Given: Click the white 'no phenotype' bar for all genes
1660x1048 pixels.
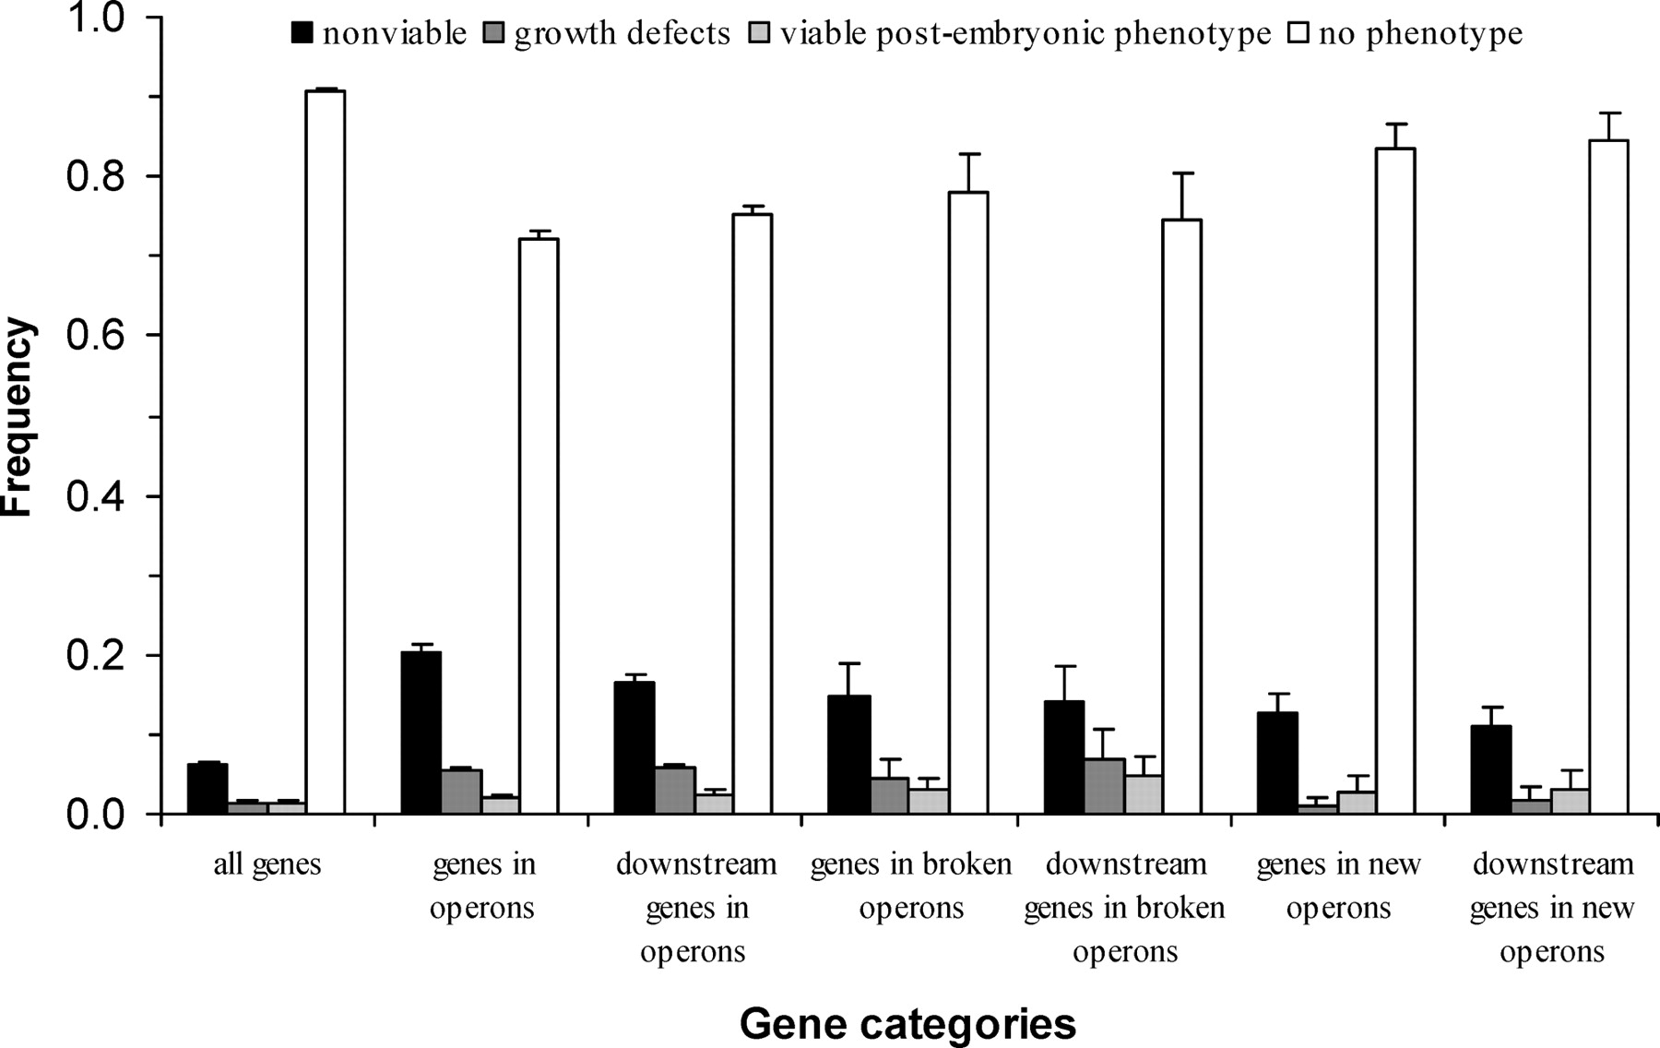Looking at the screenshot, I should tap(326, 452).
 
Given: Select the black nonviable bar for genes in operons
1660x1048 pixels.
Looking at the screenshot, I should tap(421, 733).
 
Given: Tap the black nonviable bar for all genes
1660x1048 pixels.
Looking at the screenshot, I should tap(207, 789).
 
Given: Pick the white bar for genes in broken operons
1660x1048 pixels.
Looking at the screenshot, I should tap(967, 503).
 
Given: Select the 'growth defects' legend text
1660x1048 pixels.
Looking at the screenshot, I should tap(622, 34).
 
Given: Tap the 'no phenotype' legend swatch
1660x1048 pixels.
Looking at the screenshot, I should tap(1299, 34).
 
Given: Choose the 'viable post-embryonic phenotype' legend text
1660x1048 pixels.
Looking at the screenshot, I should tap(1026, 34).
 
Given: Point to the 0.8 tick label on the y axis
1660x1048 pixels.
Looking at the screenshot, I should tap(95, 176).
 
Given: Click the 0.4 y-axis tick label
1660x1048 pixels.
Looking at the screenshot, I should tap(95, 496).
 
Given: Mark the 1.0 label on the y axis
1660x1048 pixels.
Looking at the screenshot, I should tap(95, 18).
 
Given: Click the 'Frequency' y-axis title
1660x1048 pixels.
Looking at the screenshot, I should tap(18, 417).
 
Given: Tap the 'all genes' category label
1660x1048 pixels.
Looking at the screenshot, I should tap(267, 865).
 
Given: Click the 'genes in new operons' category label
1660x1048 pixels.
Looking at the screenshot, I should tap(1338, 886).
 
